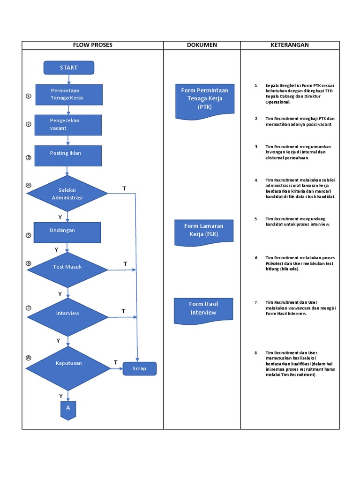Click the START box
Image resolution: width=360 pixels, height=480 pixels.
pos(69,67)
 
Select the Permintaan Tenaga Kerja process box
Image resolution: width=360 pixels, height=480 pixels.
pos(69,95)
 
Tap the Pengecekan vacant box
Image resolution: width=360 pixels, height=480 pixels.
pos(68,125)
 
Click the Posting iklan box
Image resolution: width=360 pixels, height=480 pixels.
pos(68,156)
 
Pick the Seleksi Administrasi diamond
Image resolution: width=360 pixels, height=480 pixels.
pos(67,194)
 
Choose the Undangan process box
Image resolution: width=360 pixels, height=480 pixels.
pos(67,232)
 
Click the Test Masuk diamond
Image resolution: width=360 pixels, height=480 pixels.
pos(67,270)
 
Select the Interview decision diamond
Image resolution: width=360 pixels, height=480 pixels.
pos(67,317)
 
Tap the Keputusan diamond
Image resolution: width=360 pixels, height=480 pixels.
pos(68,368)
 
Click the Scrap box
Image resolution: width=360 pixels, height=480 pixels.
pos(140,368)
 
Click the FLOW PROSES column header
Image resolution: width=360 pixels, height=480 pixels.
pos(93,45)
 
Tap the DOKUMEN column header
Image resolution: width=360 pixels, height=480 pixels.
pos(202,45)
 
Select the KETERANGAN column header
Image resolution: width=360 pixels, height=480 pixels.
pos(290,45)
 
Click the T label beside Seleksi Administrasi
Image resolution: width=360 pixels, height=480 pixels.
pos(124,188)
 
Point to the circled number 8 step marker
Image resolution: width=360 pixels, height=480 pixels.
pos(29,358)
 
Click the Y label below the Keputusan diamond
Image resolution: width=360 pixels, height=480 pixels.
pos(60,396)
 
